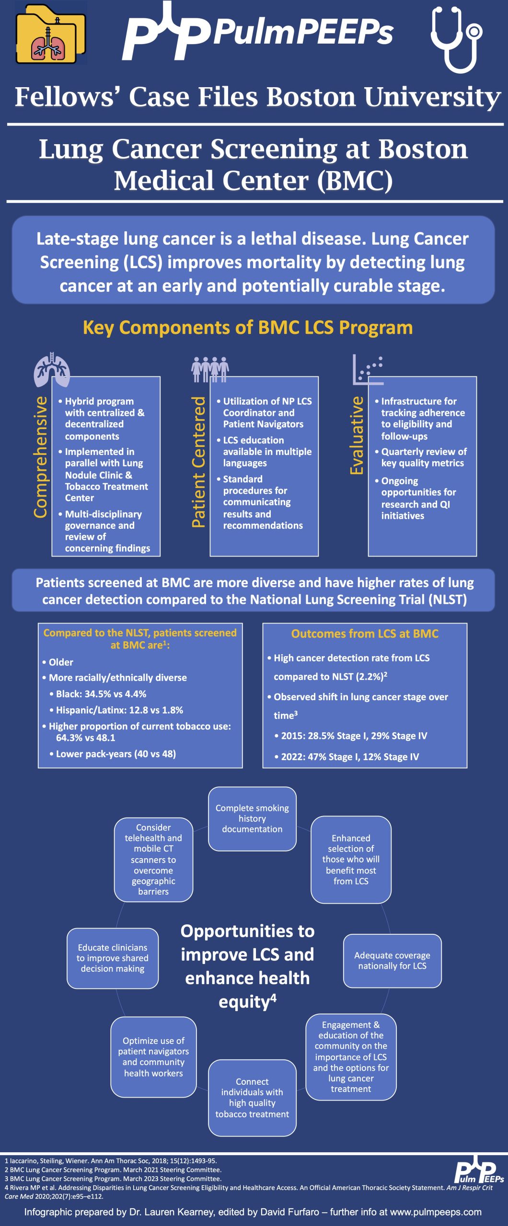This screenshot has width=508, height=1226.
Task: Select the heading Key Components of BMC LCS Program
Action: point(248,328)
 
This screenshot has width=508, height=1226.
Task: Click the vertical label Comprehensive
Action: point(41,457)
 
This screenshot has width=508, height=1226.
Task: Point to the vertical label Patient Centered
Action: point(198,462)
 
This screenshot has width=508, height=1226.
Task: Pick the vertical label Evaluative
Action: point(357,435)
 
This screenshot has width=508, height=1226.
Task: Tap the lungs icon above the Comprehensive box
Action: point(52,369)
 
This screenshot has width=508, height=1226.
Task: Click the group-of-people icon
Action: point(210,369)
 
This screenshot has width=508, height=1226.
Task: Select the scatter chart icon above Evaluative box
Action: point(368,369)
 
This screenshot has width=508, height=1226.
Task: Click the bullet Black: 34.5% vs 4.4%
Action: point(101,694)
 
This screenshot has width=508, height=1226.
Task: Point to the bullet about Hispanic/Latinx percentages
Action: point(119,710)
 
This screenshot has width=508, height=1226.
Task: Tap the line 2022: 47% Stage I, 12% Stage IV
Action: point(349,757)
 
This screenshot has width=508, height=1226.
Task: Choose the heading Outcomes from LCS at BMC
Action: point(365,634)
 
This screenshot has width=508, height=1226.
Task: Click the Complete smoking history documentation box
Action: point(252,818)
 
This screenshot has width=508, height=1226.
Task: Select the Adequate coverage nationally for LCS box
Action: point(392,961)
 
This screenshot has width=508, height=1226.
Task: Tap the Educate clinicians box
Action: point(113,958)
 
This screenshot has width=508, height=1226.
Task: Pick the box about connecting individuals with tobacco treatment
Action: point(252,1098)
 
